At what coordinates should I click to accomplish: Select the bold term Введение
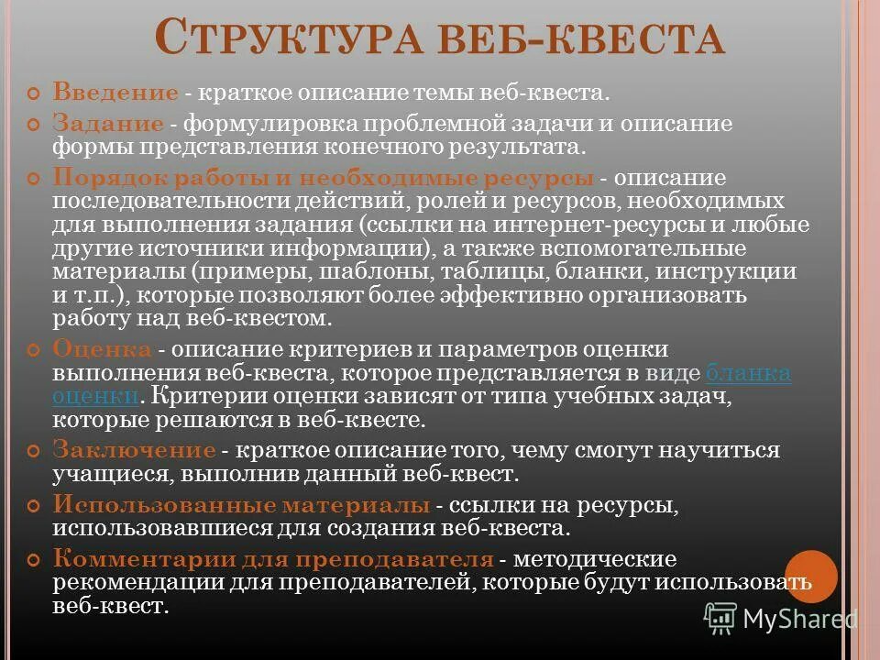pyautogui.click(x=115, y=93)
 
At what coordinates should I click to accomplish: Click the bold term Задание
pyautogui.click(x=108, y=124)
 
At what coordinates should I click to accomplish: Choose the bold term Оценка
pyautogui.click(x=102, y=350)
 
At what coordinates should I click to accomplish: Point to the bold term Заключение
pyautogui.click(x=134, y=451)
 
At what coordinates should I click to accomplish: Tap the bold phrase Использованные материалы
pyautogui.click(x=241, y=505)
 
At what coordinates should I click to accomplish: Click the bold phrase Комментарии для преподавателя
pyautogui.click(x=273, y=559)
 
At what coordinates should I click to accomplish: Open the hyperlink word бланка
pyautogui.click(x=748, y=373)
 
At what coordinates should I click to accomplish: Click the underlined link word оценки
pyautogui.click(x=95, y=397)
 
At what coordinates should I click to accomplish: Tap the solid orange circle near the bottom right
pyautogui.click(x=811, y=577)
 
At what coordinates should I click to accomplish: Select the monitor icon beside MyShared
pyautogui.click(x=720, y=619)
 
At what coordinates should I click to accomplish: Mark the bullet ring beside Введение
pyautogui.click(x=35, y=93)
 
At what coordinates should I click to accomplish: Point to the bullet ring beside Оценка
pyautogui.click(x=35, y=351)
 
